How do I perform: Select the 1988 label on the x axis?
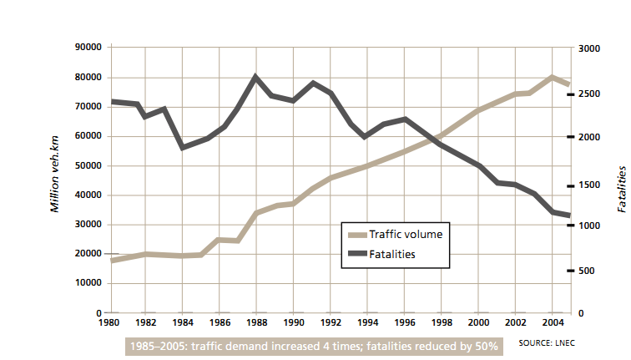pos(257,321)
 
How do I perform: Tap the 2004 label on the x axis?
pos(552,321)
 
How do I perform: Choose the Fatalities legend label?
pos(392,254)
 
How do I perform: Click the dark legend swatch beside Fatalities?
pos(356,254)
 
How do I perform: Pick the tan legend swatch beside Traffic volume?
pos(356,235)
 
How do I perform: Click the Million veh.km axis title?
pos(55,177)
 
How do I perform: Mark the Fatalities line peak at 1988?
pos(256,77)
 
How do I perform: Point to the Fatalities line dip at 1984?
pos(183,147)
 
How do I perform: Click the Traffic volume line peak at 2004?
pos(552,77)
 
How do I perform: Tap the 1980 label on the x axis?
pos(109,321)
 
